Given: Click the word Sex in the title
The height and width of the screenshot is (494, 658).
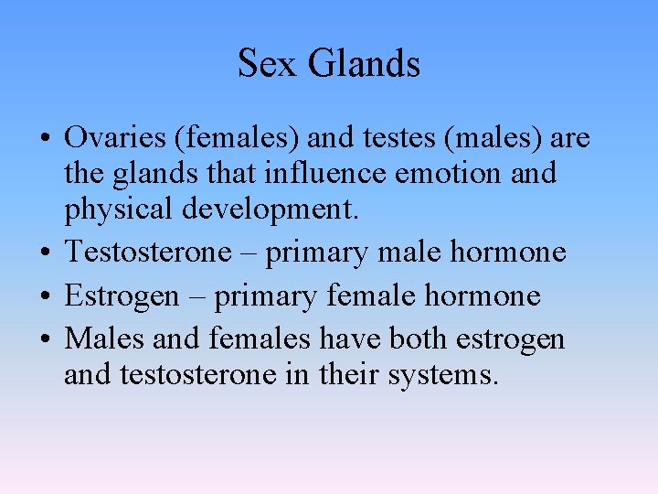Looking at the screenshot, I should (269, 64).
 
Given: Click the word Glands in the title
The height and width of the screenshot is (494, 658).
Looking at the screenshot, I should (364, 64).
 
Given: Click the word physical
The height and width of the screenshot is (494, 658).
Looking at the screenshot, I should (121, 209).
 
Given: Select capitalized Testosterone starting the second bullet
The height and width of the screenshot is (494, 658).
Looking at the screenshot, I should (148, 252).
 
